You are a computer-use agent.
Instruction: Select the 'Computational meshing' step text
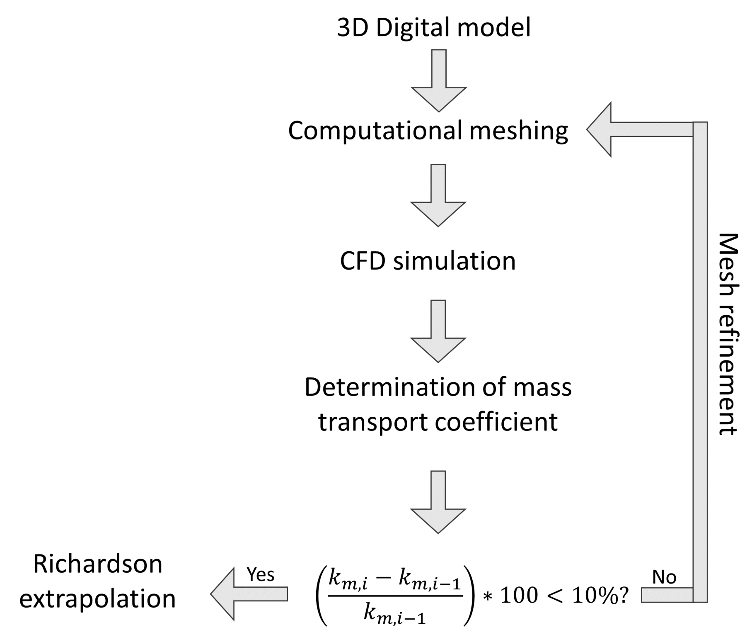[428, 131]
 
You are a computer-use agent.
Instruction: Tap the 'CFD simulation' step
[428, 261]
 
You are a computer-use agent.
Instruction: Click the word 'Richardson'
[98, 564]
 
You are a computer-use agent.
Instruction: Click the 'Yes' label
[260, 575]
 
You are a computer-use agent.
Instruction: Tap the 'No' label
[664, 577]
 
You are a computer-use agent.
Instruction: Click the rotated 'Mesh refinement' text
[728, 334]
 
